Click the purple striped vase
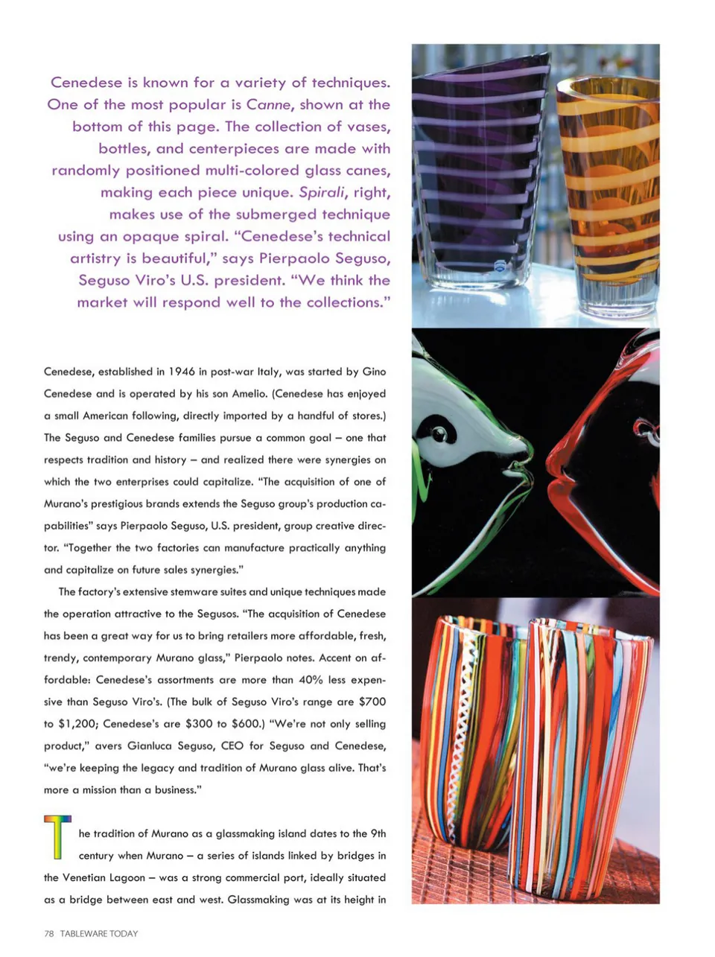(x=477, y=171)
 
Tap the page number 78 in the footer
(x=49, y=933)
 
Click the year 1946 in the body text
(x=182, y=372)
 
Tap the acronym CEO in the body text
(x=232, y=745)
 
